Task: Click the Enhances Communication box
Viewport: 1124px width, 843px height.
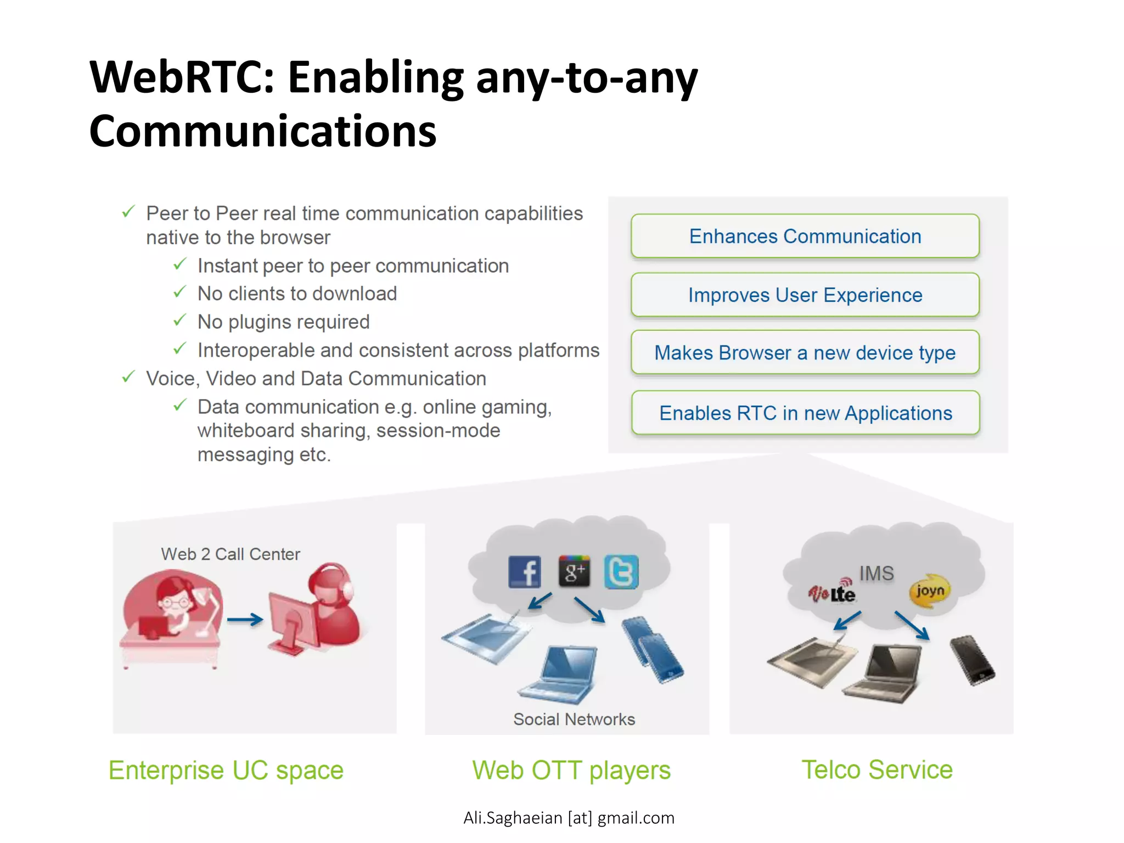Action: (x=805, y=236)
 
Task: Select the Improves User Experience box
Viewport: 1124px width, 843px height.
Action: (x=805, y=295)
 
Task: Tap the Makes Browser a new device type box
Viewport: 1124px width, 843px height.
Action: (x=805, y=352)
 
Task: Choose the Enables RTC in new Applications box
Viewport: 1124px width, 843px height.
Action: (x=805, y=413)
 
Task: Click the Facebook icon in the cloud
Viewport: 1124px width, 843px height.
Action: (x=524, y=572)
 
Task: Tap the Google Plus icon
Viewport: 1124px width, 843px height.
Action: (x=574, y=571)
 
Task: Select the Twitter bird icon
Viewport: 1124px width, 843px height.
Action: (x=621, y=572)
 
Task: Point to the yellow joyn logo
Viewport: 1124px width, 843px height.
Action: (x=929, y=591)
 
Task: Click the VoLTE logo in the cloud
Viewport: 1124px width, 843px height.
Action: (x=831, y=592)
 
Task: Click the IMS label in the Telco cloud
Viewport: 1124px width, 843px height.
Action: (x=876, y=574)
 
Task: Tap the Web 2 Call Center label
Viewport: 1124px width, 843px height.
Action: (x=231, y=554)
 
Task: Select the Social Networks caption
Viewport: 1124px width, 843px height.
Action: (x=574, y=719)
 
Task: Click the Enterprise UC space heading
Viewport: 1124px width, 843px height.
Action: (x=226, y=770)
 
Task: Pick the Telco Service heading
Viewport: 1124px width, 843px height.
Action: (x=876, y=769)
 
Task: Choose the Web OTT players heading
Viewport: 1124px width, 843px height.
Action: (x=571, y=770)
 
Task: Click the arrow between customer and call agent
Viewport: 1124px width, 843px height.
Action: (x=245, y=620)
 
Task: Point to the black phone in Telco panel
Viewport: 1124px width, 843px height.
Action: (x=972, y=660)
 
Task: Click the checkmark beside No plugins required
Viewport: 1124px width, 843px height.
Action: (x=180, y=320)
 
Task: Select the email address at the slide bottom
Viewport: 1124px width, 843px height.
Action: (x=569, y=818)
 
